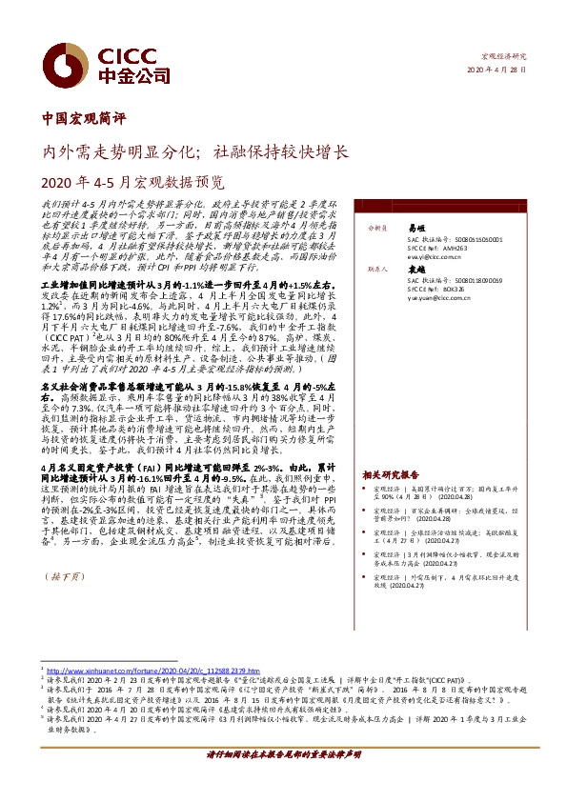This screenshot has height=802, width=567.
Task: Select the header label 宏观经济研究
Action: (504, 57)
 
